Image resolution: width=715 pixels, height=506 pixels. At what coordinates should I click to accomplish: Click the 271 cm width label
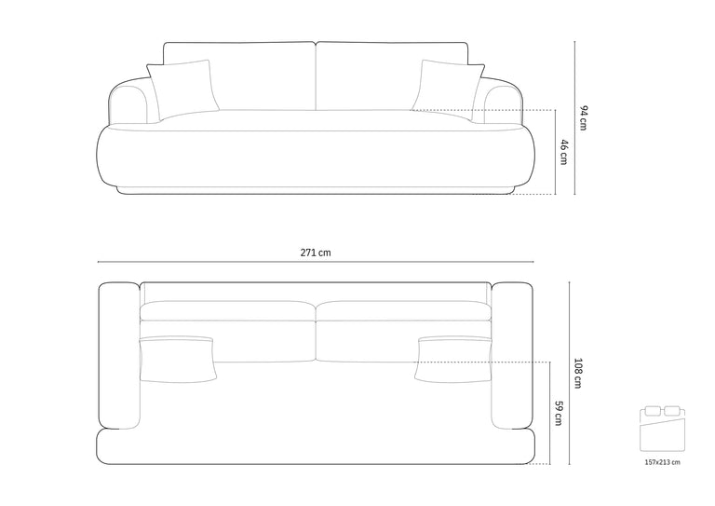point(316,253)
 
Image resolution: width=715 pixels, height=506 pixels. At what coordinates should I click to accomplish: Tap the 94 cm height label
point(583,117)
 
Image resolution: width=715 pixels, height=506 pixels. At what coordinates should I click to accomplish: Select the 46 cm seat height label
point(564,152)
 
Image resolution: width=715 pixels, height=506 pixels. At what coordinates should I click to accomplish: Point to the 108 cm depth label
point(578,374)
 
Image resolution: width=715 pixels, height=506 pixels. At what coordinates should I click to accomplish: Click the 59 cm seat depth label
point(559,413)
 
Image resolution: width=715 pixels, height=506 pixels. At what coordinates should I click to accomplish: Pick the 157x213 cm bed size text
point(662,462)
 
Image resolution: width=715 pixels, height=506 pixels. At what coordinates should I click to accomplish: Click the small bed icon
point(662,429)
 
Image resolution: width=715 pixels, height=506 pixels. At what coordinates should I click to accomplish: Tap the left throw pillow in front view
point(182,89)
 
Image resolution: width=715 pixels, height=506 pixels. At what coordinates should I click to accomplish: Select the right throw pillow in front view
point(449,89)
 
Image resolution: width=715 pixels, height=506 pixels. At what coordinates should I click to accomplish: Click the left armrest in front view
point(129,102)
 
